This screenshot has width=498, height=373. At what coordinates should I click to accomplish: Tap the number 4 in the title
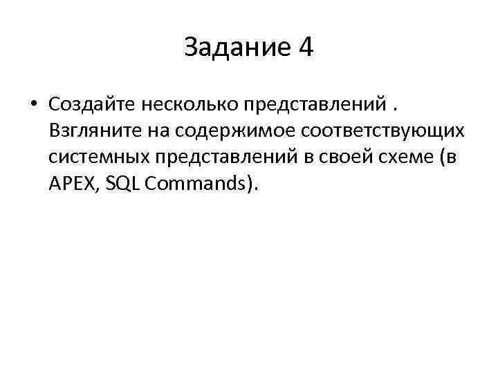pyautogui.click(x=305, y=48)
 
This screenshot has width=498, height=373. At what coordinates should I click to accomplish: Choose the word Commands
pyautogui.click(x=192, y=184)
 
